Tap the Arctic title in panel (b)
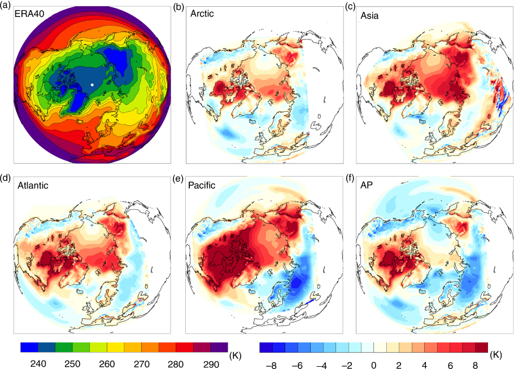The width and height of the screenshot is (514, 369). click(202, 14)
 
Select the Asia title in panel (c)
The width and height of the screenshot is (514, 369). click(369, 15)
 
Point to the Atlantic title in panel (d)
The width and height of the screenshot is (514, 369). click(33, 185)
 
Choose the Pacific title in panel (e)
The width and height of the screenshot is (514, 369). click(202, 185)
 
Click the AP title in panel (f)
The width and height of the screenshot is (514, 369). click(367, 185)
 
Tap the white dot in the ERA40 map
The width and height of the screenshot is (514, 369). click(92, 85)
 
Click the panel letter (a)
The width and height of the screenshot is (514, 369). click(6, 6)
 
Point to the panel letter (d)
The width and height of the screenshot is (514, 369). click(6, 178)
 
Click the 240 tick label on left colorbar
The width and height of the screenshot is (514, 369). click(38, 364)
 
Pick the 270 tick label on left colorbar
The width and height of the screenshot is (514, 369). click(142, 364)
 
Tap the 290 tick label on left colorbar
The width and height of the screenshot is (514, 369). click(211, 364)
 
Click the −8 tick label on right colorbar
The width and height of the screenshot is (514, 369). click(271, 364)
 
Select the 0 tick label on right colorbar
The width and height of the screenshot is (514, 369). click(373, 364)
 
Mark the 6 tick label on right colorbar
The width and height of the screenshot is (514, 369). click(450, 364)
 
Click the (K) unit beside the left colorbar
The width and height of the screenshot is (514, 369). click(236, 355)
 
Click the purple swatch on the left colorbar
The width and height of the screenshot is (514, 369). click(219, 348)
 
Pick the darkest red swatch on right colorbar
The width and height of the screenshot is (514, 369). click(482, 348)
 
